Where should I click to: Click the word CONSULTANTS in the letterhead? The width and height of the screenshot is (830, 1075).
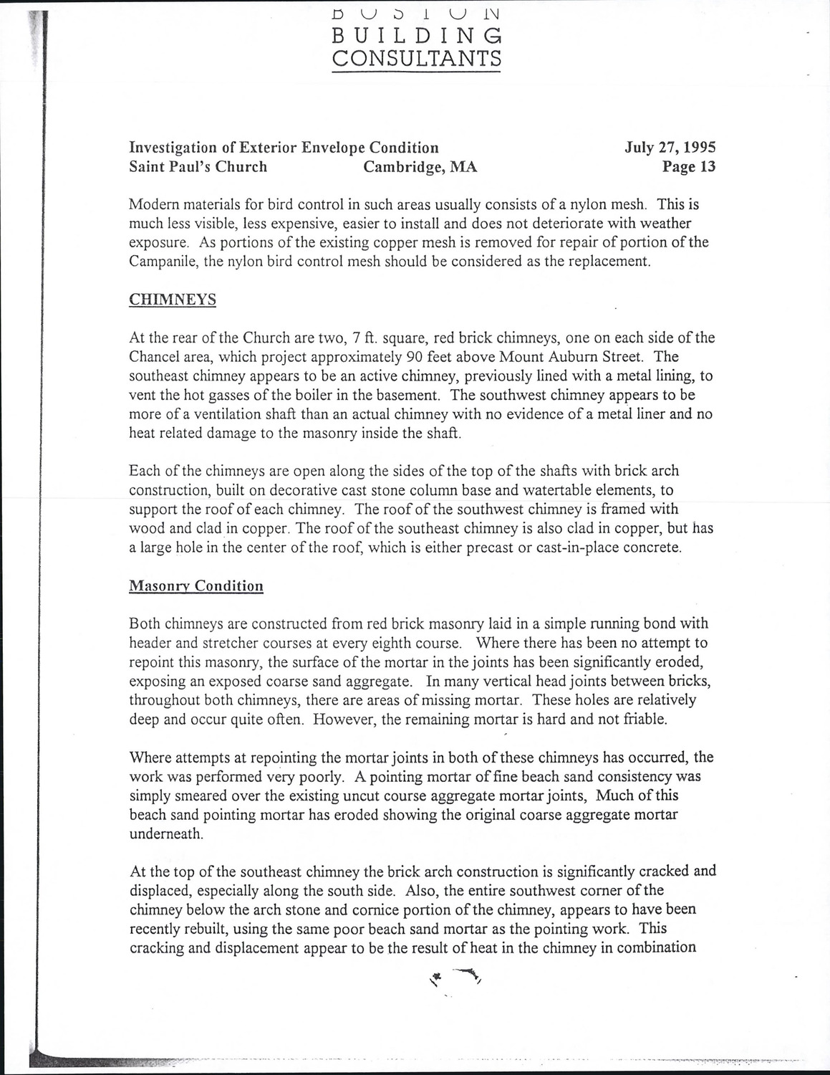point(417,58)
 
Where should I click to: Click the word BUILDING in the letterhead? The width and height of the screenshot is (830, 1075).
point(417,35)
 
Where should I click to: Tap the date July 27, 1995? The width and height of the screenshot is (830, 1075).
point(670,148)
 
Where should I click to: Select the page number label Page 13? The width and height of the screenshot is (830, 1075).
point(689,167)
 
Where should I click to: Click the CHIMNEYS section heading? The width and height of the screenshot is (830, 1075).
point(173,300)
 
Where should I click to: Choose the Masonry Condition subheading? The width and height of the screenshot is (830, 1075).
point(196,586)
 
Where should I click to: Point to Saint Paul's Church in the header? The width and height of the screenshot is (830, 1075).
point(198,167)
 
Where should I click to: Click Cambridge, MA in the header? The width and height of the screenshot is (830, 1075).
point(420,167)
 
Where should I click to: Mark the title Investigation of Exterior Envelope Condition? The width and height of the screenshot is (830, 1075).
point(284,148)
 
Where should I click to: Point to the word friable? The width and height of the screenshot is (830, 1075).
point(644,720)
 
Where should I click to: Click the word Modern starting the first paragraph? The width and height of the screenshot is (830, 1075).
point(153,204)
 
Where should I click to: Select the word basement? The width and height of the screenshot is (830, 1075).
point(400,395)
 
